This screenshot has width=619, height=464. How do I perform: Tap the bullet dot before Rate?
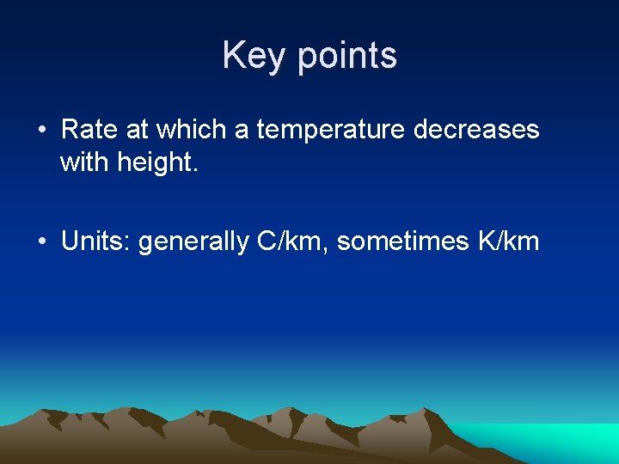coord(42,131)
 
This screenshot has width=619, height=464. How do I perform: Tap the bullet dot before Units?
coord(42,242)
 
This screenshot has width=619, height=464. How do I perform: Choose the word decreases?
coord(476,130)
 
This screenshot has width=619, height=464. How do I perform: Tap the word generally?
coord(193,243)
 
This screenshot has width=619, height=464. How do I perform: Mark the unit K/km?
coord(507,241)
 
